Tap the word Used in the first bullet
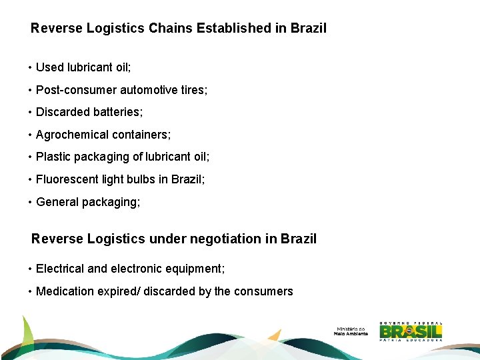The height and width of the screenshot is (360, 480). click(49, 67)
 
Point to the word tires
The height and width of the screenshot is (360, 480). click(193, 90)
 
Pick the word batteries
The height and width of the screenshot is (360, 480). click(118, 112)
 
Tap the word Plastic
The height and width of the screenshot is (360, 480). click(53, 157)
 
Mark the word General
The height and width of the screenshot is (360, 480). click(57, 202)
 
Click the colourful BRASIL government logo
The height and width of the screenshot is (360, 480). click(411, 331)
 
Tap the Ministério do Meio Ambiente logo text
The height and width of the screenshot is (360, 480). click(351, 331)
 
